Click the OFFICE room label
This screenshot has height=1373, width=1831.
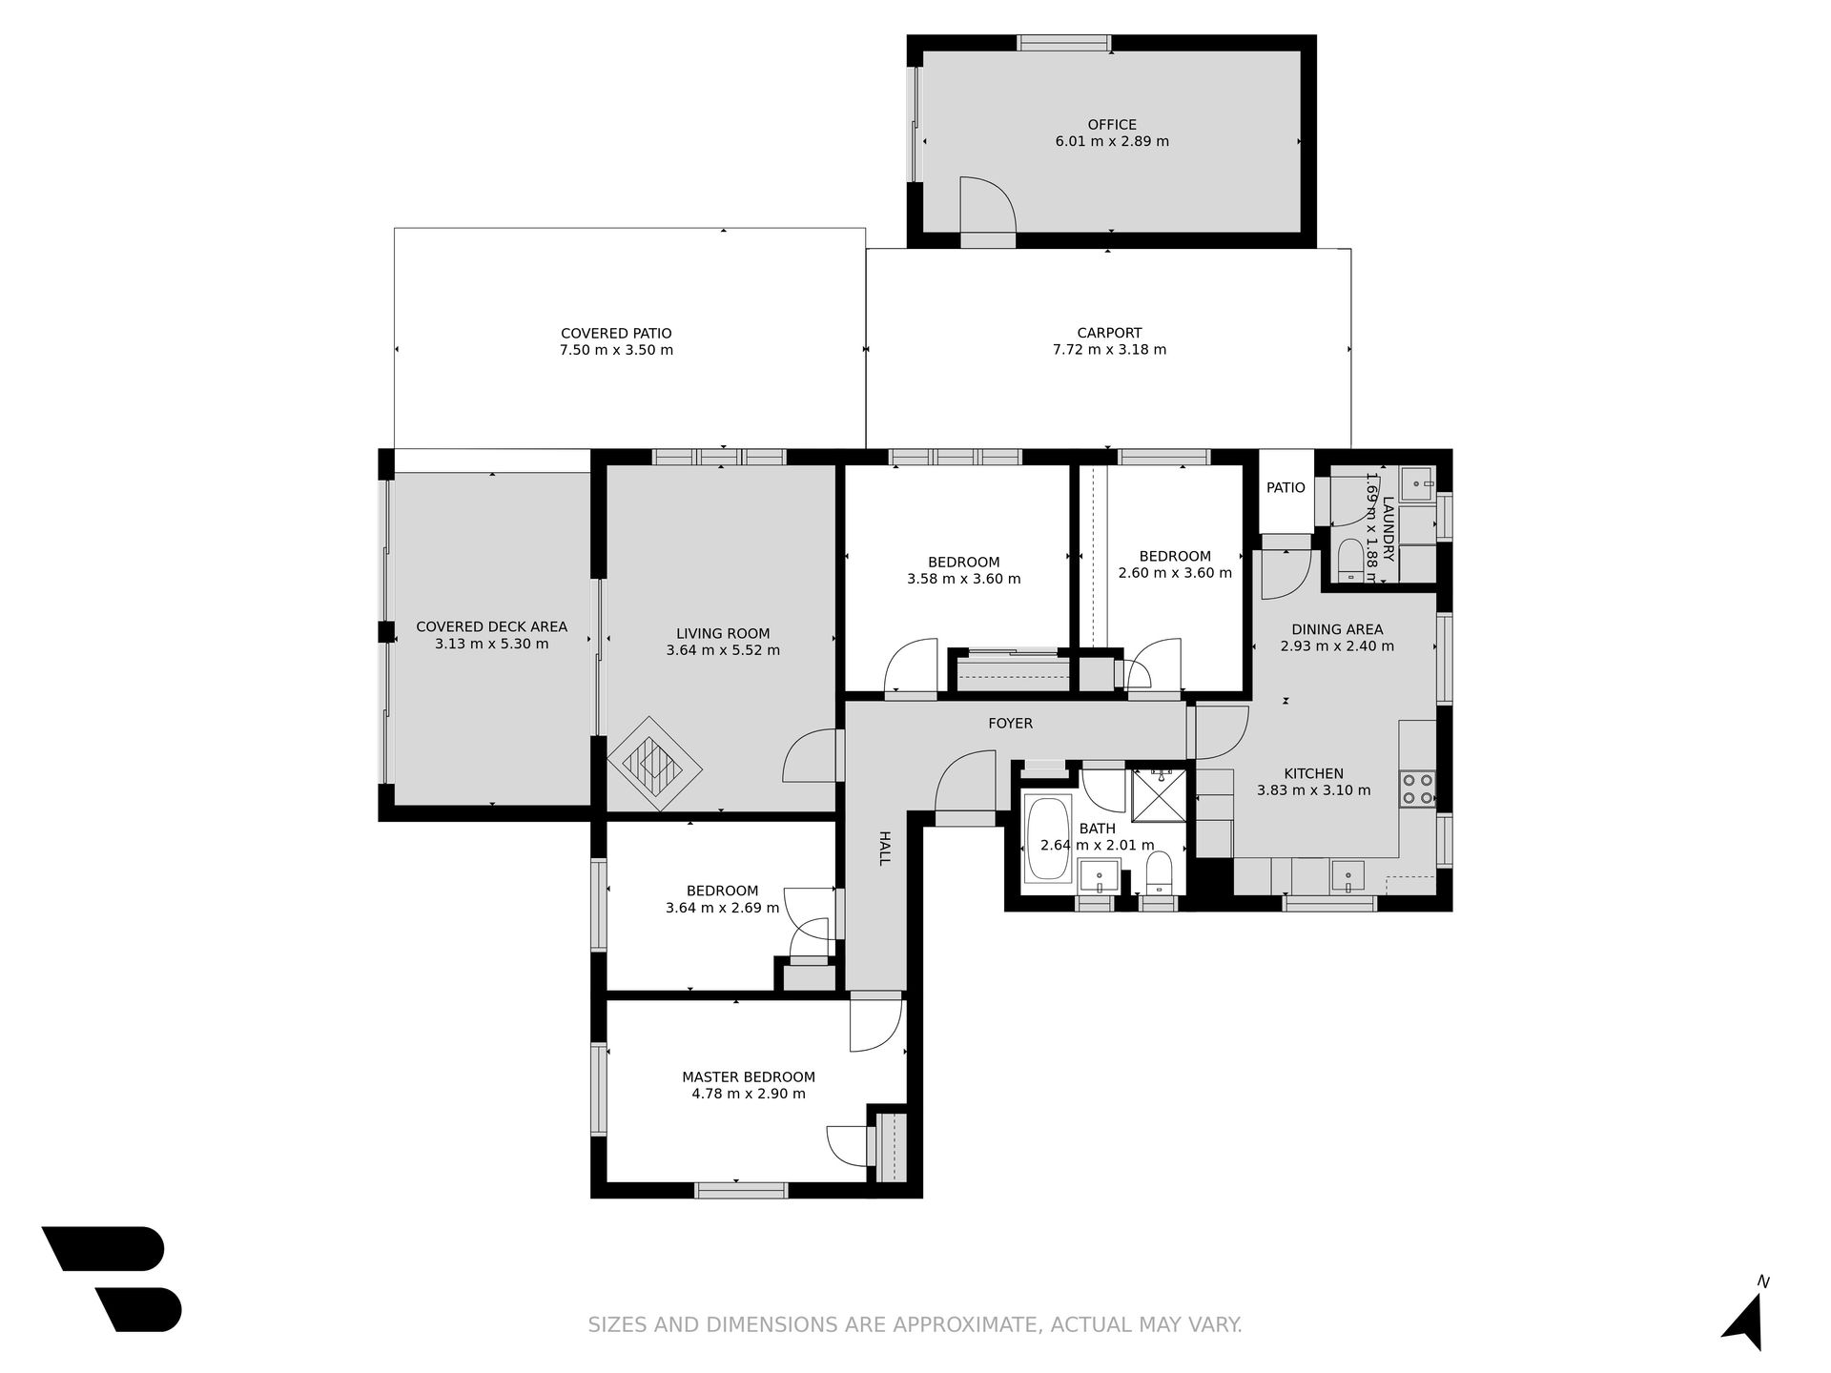click(1112, 125)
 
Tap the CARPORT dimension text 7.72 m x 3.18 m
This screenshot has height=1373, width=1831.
click(1109, 350)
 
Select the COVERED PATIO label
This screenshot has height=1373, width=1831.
click(616, 334)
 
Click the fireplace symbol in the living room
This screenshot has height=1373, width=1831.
click(655, 764)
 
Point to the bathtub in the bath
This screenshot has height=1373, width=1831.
click(1048, 840)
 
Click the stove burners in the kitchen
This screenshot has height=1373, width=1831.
click(1417, 789)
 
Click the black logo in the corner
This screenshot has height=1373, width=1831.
click(112, 1278)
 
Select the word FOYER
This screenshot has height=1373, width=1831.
click(1010, 724)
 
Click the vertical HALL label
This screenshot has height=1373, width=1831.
click(884, 848)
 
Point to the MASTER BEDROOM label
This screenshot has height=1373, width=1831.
click(749, 1077)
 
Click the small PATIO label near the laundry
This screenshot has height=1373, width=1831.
click(1286, 488)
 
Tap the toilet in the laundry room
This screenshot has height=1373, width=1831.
click(1350, 561)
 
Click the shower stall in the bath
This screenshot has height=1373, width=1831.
click(1159, 794)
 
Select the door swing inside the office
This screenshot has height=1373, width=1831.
click(988, 204)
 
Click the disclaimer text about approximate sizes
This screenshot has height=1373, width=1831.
click(915, 1324)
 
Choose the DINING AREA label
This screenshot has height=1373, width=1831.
click(1337, 629)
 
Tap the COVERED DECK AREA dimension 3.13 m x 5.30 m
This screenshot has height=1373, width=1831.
click(492, 644)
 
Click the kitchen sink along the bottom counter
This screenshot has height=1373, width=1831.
click(1347, 875)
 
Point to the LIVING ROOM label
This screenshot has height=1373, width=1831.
click(723, 634)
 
